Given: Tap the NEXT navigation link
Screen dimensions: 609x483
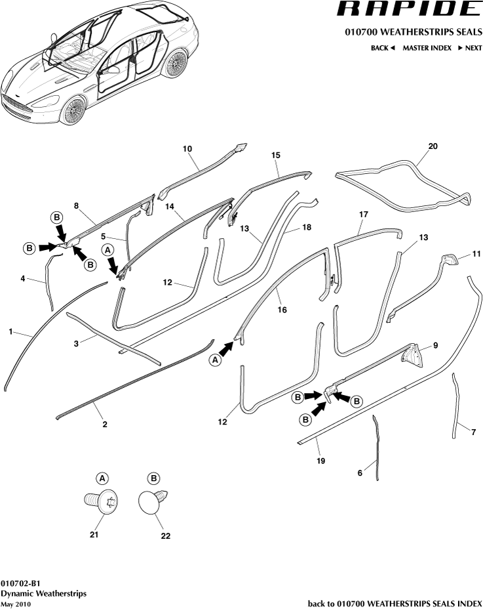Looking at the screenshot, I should click(469, 48).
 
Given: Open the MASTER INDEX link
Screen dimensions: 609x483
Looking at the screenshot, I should click(427, 48).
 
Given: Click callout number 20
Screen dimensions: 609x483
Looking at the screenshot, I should click(433, 146).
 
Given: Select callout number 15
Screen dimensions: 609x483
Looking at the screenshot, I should click(276, 155).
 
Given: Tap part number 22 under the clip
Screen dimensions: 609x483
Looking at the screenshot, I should click(165, 536).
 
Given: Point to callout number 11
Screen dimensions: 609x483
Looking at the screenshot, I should click(476, 253).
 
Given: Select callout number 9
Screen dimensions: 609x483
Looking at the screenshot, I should click(434, 345).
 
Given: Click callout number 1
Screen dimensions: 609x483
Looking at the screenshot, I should click(10, 333).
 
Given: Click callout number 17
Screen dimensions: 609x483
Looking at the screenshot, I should click(364, 214).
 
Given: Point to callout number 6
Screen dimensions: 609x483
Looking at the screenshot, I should click(360, 473).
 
